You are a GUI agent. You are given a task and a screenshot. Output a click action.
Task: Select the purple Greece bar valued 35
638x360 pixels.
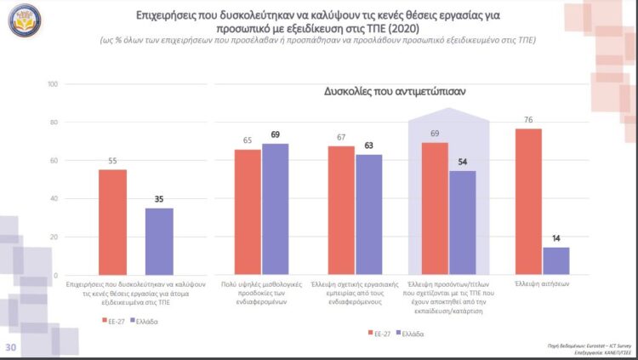click(159, 240)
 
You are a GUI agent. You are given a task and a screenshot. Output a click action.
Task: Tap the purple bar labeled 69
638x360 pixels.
click(276, 208)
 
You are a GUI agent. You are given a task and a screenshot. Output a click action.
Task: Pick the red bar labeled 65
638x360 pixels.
click(248, 211)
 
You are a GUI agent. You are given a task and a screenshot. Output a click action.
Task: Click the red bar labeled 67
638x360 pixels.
click(341, 209)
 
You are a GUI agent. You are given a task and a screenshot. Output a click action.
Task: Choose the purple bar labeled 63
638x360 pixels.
click(368, 214)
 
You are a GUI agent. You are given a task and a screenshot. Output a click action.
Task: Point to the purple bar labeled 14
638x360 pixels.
click(555, 260)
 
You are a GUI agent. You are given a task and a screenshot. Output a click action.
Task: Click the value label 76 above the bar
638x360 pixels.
click(528, 120)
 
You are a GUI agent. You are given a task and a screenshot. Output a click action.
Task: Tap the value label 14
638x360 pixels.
click(555, 239)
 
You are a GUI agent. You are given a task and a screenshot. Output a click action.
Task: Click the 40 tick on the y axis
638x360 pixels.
click(52, 198)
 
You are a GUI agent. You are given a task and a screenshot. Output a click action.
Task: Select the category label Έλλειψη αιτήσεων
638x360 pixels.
click(542, 283)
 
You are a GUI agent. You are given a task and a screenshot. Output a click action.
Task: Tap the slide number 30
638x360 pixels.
click(11, 347)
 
